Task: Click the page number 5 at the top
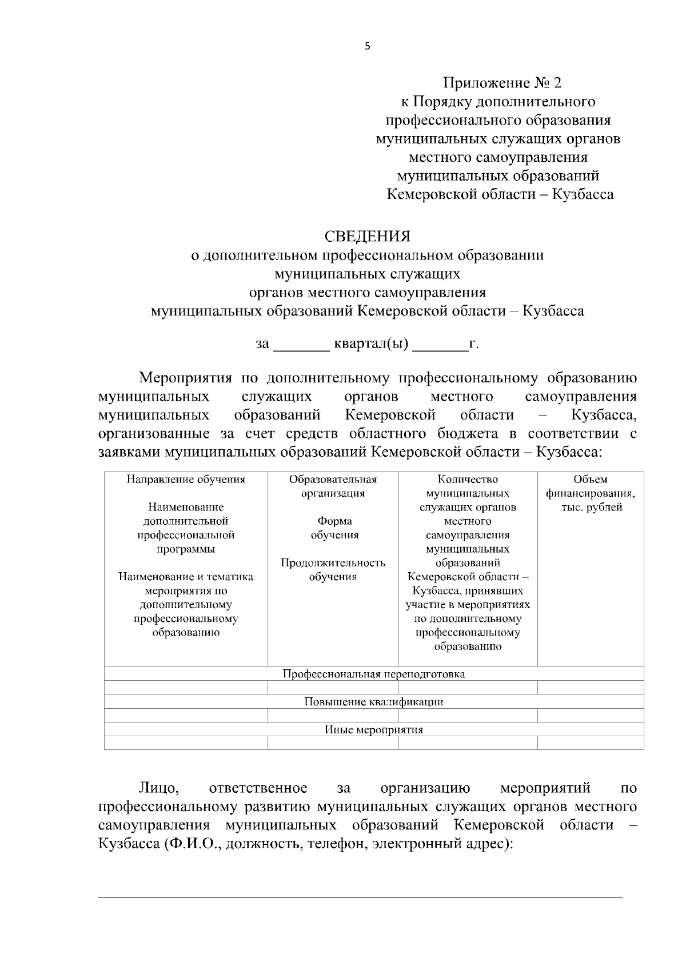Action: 367,47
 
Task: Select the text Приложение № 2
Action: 502,83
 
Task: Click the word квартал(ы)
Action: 370,344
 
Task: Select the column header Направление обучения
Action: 185,480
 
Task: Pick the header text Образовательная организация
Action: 333,486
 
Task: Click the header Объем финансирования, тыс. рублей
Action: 590,493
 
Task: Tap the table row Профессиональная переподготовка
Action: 374,674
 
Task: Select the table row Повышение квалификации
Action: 374,702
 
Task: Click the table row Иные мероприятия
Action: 374,730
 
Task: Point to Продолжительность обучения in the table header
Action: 333,570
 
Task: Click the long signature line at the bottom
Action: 360,897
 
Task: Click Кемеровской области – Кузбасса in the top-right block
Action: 500,195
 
